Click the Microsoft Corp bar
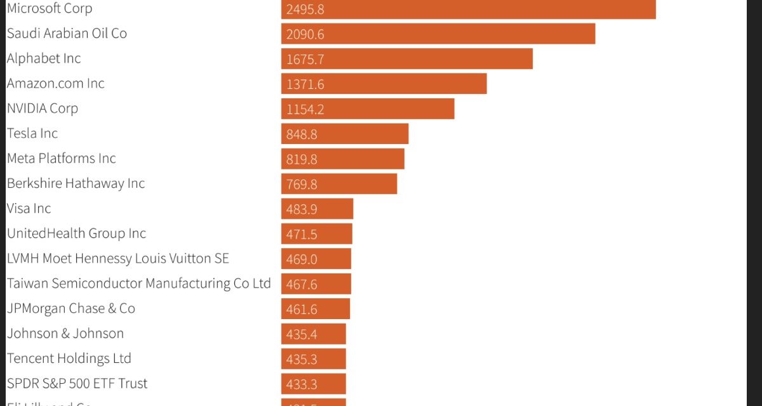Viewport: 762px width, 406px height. (x=468, y=9)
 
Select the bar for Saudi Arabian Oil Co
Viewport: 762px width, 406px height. (x=438, y=34)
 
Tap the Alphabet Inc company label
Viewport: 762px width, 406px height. (x=44, y=58)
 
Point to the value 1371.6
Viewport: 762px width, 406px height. (x=305, y=84)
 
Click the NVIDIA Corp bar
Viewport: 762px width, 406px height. (x=368, y=108)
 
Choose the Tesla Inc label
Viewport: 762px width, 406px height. (x=32, y=133)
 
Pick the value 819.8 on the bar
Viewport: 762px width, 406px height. (x=302, y=159)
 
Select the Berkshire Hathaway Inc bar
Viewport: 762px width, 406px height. (x=339, y=184)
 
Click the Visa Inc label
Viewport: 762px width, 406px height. (x=29, y=208)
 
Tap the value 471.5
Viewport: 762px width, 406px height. (x=302, y=234)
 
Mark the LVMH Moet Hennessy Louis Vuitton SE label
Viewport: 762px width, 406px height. (x=118, y=258)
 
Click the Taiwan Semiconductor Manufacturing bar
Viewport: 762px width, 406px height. (x=316, y=284)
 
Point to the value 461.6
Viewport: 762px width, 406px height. (x=302, y=309)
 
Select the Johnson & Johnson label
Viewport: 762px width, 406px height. (x=65, y=333)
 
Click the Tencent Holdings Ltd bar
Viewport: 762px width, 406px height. (x=314, y=358)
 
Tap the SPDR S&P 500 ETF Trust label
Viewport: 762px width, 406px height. (x=77, y=383)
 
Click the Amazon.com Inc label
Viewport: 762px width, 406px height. (x=56, y=84)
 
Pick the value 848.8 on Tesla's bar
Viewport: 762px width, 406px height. (x=302, y=134)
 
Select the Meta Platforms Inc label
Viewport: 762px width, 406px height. (x=62, y=158)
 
